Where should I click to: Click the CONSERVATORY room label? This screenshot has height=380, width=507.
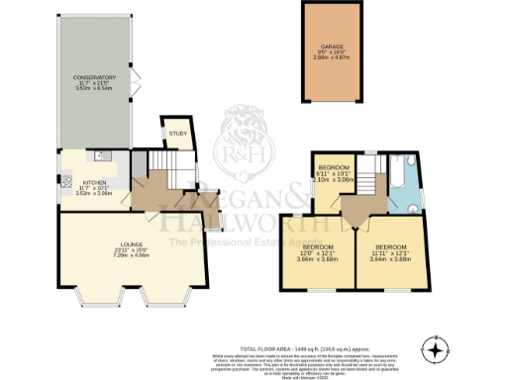click(x=101, y=77)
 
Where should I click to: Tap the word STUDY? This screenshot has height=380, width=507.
click(x=177, y=132)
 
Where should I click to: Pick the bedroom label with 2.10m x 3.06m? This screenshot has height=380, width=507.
click(x=333, y=170)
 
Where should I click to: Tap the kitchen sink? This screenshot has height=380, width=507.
click(x=99, y=156)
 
